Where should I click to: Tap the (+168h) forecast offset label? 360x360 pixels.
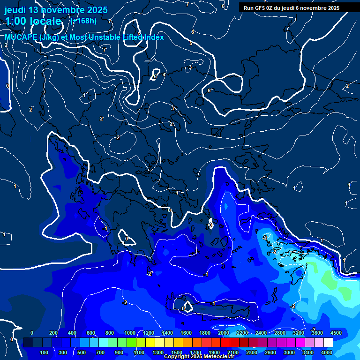point(83,21)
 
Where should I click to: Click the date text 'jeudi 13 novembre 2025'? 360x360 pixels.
point(56,10)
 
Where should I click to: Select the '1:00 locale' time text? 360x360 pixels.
point(33,21)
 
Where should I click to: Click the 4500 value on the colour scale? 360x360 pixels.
point(336,333)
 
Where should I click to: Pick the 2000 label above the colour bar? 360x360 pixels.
point(224,333)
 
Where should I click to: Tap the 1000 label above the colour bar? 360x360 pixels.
point(130,333)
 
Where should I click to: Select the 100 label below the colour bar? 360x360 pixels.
point(45,352)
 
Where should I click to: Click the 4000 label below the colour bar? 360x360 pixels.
point(327,352)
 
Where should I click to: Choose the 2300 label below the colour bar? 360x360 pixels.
point(251,352)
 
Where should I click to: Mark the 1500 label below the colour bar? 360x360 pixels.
point(177,352)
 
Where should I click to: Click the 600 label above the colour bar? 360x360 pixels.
point(91,333)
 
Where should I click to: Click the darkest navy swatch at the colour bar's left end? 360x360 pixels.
point(28,343)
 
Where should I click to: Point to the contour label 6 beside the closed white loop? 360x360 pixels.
point(209,90)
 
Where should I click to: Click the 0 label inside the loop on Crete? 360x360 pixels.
point(183,308)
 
